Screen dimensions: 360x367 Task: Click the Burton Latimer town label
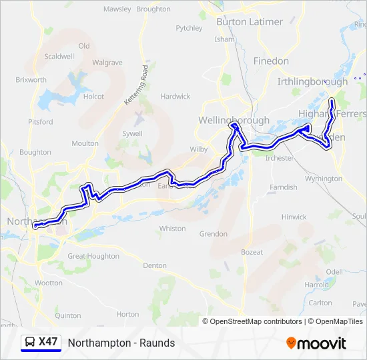coord(250,22)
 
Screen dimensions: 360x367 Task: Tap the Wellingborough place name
coord(234,121)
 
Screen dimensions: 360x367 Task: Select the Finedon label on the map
coord(271,61)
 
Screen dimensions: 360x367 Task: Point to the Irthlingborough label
coord(312,82)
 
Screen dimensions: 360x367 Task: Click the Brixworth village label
coord(31,80)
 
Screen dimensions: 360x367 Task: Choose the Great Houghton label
coord(93,256)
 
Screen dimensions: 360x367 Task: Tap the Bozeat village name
coord(252,252)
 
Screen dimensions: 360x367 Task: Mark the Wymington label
coord(323,179)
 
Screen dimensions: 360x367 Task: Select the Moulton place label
coord(85,143)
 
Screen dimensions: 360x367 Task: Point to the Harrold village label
coord(316,285)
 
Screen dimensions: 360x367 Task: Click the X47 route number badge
coord(48,342)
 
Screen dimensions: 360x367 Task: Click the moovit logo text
coord(322,343)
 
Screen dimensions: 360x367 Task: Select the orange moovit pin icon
coord(291,343)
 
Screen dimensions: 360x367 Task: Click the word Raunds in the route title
coord(159,343)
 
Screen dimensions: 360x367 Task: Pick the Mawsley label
coord(117,9)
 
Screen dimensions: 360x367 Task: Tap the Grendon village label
coord(214,235)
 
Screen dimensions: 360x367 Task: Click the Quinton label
coord(68,315)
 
